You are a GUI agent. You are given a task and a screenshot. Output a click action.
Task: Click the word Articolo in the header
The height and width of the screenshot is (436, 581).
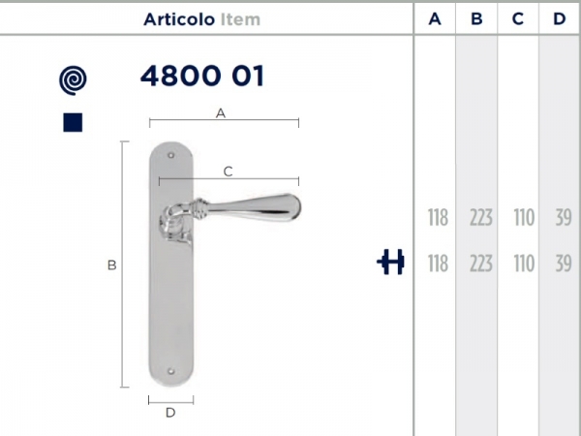coord(179,19)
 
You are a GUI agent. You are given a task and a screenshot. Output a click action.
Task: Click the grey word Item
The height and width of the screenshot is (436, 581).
coord(240,19)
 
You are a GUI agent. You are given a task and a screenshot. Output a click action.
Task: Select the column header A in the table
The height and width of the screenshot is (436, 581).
coord(435,18)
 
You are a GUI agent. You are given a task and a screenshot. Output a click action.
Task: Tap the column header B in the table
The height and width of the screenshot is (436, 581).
coord(476,18)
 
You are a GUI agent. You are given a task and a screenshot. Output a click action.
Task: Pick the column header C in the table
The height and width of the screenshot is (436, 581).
coord(518,18)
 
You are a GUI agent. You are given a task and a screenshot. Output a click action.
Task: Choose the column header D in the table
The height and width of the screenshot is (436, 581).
coord(560,18)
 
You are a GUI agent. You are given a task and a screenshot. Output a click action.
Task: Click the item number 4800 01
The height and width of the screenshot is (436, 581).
coord(202,76)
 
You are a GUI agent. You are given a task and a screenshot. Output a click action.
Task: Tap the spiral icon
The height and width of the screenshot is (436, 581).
coord(73,80)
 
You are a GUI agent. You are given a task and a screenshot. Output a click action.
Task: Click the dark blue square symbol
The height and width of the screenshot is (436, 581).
coord(73,122)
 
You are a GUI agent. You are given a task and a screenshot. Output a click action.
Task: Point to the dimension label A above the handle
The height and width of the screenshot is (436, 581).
coord(221,113)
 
